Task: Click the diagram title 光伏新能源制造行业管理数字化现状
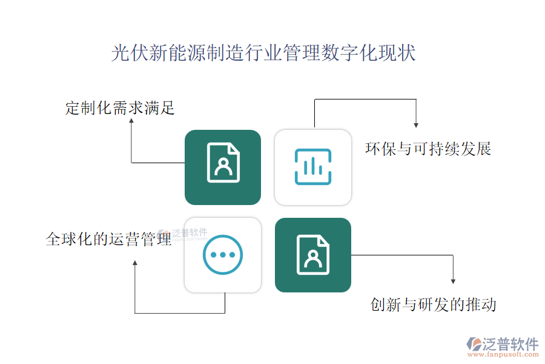pos(263,53)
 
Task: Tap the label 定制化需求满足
pos(120,109)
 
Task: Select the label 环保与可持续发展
pos(428,149)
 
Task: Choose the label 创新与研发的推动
pos(433,304)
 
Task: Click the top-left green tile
pos(223,167)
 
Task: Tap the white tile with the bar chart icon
pos(313,167)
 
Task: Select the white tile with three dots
pos(223,255)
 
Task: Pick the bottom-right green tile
pos(313,255)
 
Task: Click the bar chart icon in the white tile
pos(313,166)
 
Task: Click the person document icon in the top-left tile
pos(223,163)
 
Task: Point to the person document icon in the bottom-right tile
pos(313,254)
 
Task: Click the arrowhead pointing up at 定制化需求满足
pos(131,121)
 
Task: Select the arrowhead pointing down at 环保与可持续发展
pos(416,124)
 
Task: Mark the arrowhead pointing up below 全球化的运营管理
pos(135,263)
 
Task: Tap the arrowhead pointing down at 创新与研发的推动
pos(453,280)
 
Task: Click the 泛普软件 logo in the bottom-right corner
pos(503,344)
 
